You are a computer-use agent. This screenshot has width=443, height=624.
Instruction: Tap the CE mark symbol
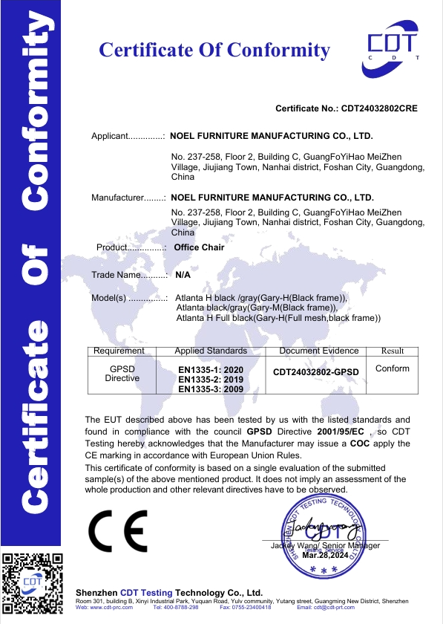click(x=117, y=530)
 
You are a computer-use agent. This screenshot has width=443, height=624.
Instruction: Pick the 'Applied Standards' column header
click(x=211, y=351)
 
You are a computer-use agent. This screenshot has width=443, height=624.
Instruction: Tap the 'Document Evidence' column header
click(x=319, y=351)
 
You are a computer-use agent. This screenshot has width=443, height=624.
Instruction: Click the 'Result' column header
click(x=393, y=351)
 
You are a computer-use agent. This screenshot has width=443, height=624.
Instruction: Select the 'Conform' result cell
click(x=393, y=368)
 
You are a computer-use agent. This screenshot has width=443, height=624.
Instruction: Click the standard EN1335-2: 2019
click(x=211, y=379)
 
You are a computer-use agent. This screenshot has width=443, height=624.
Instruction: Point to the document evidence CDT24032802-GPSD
click(x=316, y=371)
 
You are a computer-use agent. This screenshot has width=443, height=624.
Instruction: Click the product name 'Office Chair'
click(x=199, y=247)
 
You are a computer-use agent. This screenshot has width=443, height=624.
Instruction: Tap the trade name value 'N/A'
click(x=183, y=275)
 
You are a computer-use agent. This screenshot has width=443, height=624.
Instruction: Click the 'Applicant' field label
click(x=111, y=137)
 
